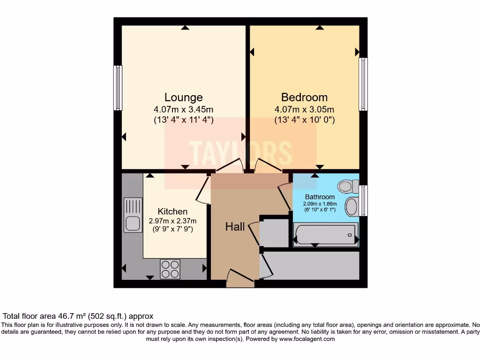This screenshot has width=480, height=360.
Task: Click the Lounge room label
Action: click(183, 97)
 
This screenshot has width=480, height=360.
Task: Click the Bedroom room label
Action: click(304, 97)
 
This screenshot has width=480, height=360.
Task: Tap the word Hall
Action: click(235, 227)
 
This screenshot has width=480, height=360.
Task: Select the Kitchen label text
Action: click(172, 211)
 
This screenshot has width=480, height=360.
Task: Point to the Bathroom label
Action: click(320, 197)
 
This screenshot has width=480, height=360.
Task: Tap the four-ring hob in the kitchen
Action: click(170, 269)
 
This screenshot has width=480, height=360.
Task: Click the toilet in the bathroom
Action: click(347, 187)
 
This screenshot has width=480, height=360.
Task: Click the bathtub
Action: click(326, 234)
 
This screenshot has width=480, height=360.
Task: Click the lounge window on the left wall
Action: click(118, 88)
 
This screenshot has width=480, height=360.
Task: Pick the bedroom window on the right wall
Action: click(363, 84)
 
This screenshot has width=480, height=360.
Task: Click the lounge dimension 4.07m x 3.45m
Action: click(183, 109)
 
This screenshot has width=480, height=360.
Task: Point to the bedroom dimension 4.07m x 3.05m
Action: click(304, 109)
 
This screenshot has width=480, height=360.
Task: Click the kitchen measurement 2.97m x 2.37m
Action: click(172, 221)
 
